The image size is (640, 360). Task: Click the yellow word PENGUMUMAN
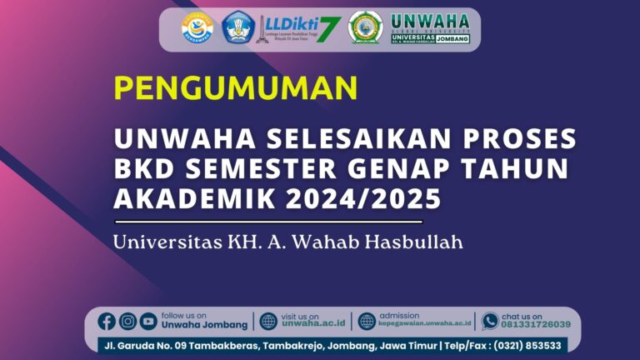pyautogui.click(x=236, y=87)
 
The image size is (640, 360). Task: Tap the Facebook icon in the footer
pyautogui.click(x=107, y=321)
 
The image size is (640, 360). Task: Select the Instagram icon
pyautogui.click(x=127, y=321)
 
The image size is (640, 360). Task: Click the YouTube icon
pyautogui.click(x=148, y=321)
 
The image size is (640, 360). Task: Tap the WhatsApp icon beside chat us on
pyautogui.click(x=490, y=321)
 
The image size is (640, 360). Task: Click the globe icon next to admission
pyautogui.click(x=367, y=321)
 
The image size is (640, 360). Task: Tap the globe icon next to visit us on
pyautogui.click(x=268, y=321)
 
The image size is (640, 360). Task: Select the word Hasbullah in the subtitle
pyautogui.click(x=418, y=243)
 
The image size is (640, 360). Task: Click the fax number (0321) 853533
pyautogui.click(x=529, y=345)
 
